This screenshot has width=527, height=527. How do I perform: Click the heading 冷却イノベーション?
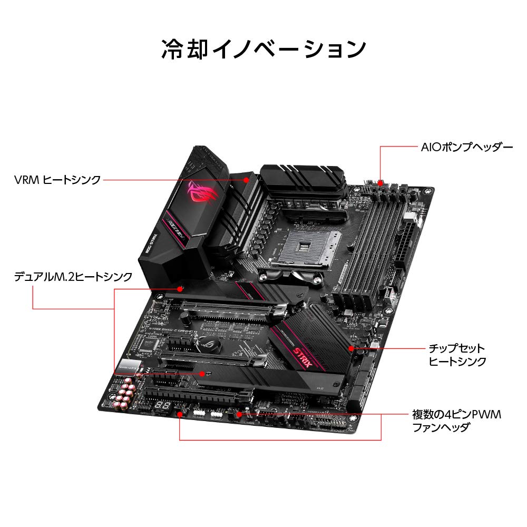point(263,49)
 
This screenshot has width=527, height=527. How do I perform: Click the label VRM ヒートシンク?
point(57,180)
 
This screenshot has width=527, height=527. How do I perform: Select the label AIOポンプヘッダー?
point(466,147)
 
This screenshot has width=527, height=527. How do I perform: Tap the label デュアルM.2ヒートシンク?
point(73,276)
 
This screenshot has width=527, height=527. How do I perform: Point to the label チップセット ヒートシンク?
point(456,355)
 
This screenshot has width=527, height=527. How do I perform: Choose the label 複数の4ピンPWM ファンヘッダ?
point(456,421)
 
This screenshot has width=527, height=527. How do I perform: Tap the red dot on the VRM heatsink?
point(247,180)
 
